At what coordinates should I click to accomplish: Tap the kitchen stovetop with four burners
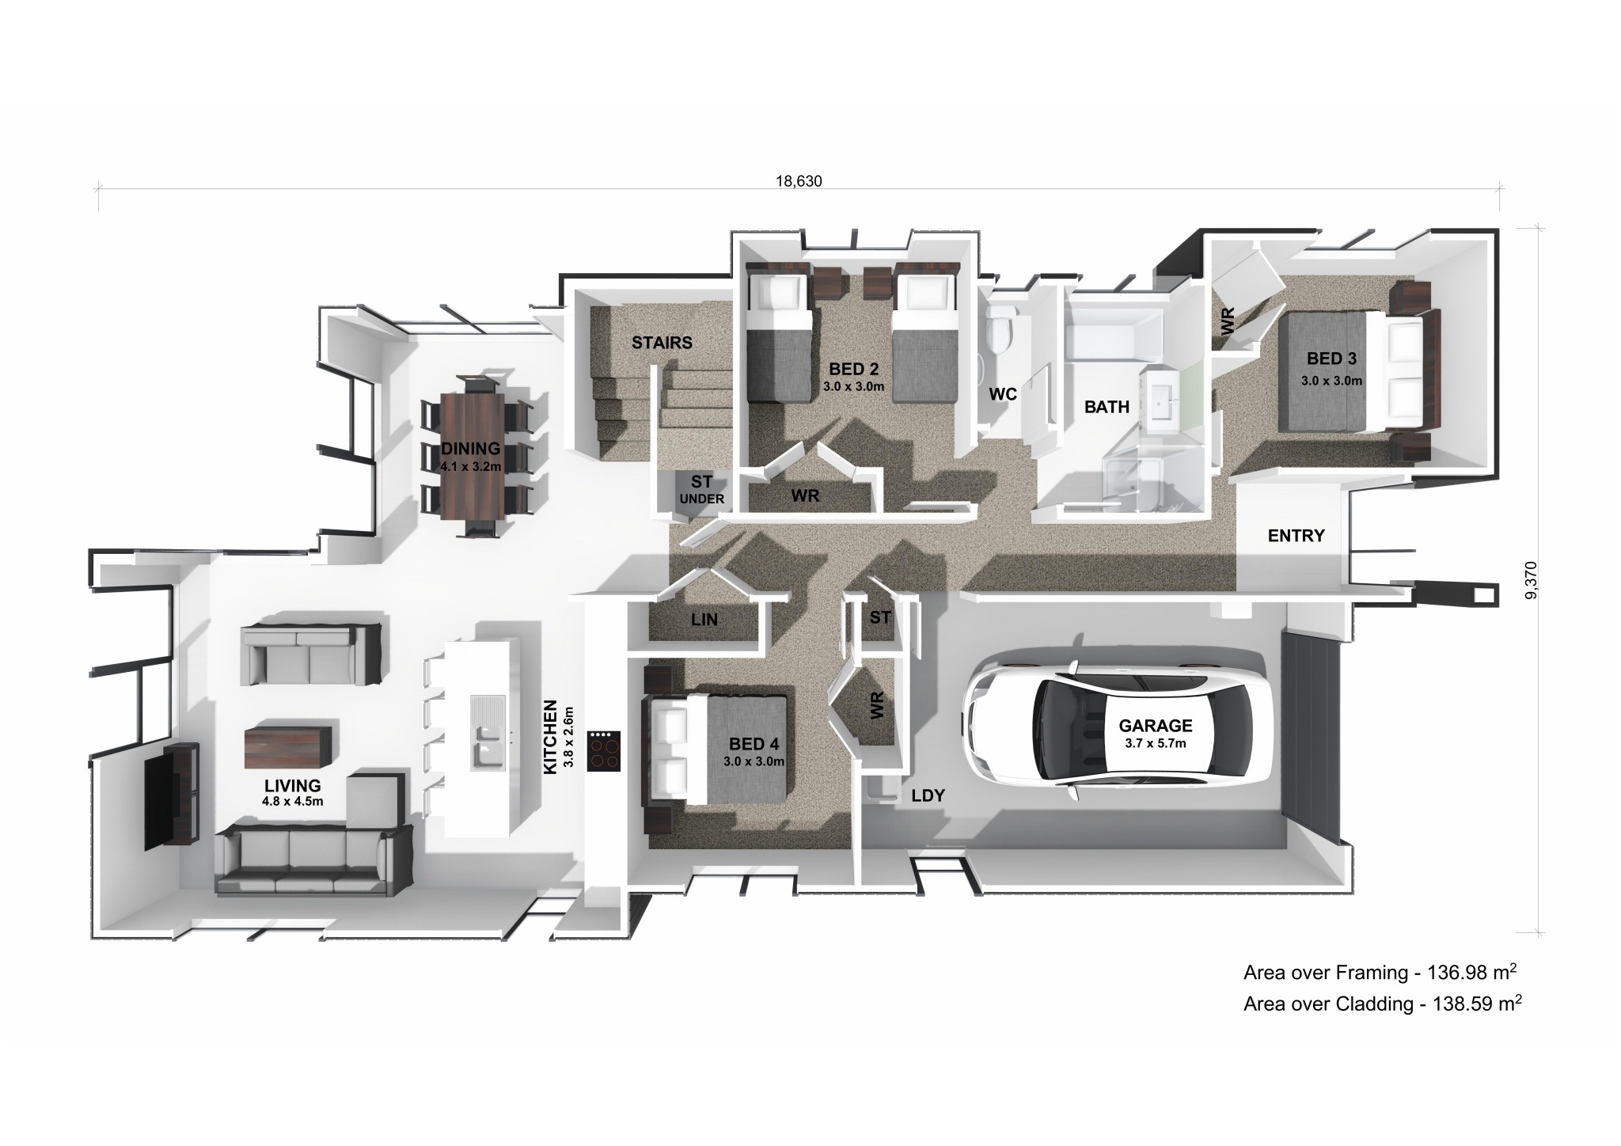pyautogui.click(x=604, y=750)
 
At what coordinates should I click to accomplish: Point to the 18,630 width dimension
pyautogui.click(x=799, y=181)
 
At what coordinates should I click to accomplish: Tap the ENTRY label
pyautogui.click(x=1296, y=536)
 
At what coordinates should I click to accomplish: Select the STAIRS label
pyautogui.click(x=662, y=343)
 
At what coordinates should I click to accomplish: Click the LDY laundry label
pyautogui.click(x=928, y=795)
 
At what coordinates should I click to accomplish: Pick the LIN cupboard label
pyautogui.click(x=704, y=620)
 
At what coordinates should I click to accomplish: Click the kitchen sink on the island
pyautogui.click(x=486, y=732)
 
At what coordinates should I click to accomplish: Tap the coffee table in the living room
pyautogui.click(x=287, y=747)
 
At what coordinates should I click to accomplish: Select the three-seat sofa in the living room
pyautogui.click(x=313, y=859)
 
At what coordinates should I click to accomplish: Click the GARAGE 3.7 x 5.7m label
pyautogui.click(x=1155, y=731)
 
